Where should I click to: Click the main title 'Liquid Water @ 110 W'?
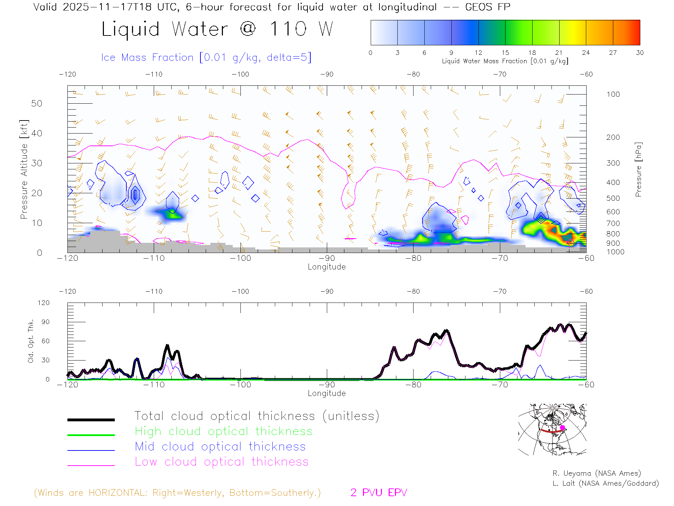217,29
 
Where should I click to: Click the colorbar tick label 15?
505,53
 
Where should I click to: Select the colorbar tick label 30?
640,53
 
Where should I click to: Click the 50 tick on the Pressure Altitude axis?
37,103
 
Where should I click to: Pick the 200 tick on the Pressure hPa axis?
613,137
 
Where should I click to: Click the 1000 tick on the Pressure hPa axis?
615,252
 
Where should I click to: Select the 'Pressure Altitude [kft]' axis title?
24,169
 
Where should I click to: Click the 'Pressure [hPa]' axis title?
638,169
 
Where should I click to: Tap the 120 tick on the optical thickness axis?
44,303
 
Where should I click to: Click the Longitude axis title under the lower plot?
326,394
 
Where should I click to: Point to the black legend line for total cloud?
91,420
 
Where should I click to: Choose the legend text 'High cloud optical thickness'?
224,431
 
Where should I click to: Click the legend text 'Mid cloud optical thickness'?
220,447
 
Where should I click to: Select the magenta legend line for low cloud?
91,465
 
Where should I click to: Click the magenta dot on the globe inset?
562,428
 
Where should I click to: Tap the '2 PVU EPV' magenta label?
378,493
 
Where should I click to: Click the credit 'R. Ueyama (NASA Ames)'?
596,473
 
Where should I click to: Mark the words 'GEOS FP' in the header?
487,7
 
